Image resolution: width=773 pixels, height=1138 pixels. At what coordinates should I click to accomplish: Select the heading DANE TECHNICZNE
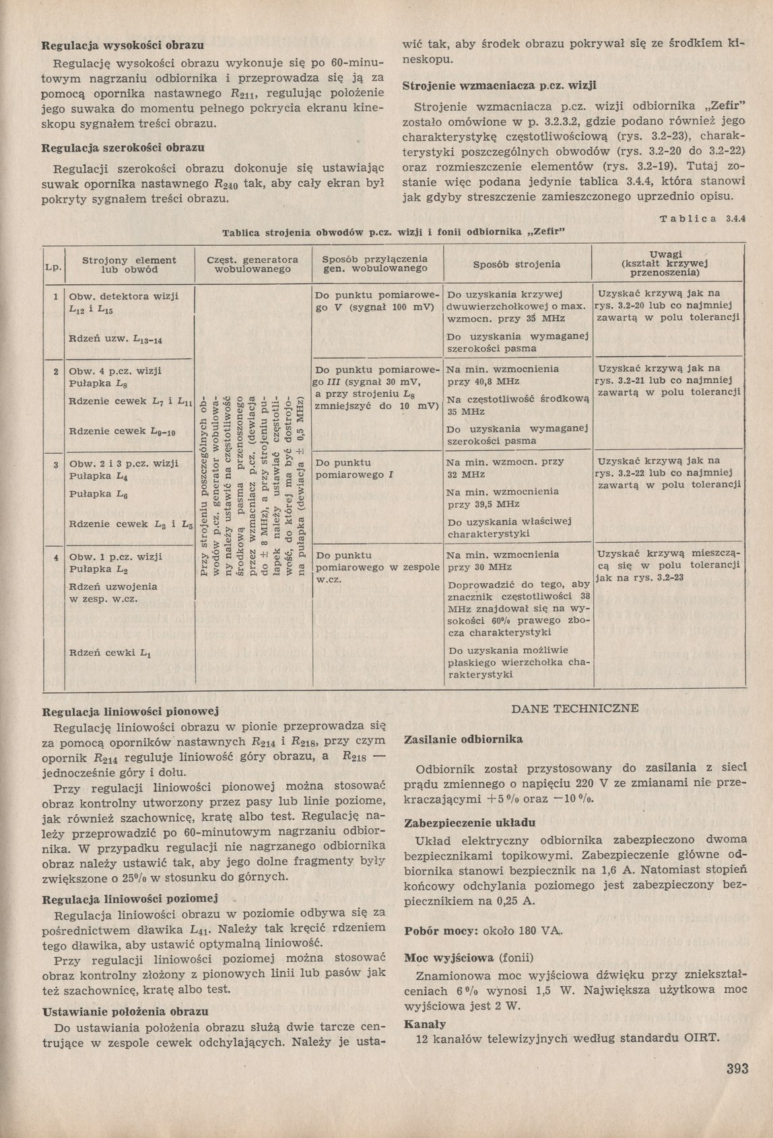[x=575, y=708]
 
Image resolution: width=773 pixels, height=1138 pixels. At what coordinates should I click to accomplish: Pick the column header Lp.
[x=53, y=267]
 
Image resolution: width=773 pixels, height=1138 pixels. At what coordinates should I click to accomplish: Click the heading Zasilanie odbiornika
[x=463, y=739]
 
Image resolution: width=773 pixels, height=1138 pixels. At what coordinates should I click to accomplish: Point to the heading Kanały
[x=424, y=1024]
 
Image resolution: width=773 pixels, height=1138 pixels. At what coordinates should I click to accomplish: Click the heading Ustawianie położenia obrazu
[x=125, y=1011]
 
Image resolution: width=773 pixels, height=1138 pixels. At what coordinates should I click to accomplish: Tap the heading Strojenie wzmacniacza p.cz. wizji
[x=500, y=86]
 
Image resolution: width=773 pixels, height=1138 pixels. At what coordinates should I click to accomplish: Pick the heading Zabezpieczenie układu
[x=469, y=823]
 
